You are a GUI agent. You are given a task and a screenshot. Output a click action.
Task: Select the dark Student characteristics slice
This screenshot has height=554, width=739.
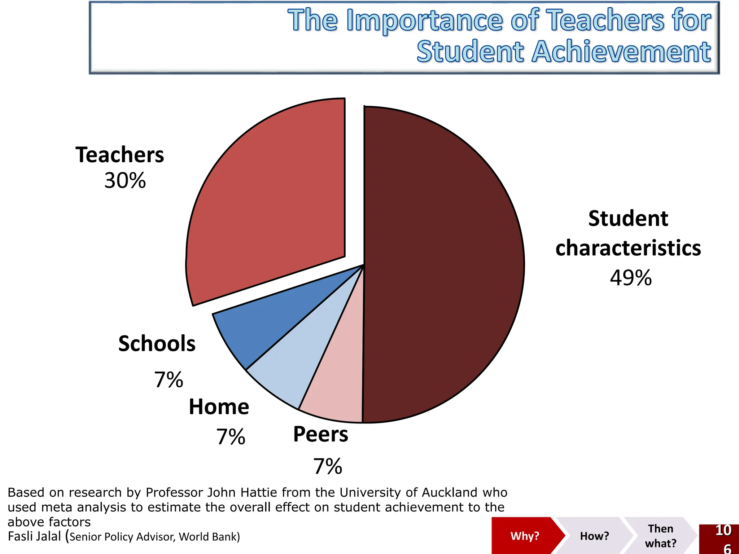pyautogui.click(x=444, y=263)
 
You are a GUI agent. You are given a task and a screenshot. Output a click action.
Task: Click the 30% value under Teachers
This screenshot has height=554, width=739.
pyautogui.click(x=125, y=180)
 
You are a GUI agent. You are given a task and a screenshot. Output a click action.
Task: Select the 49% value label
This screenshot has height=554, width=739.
pyautogui.click(x=631, y=278)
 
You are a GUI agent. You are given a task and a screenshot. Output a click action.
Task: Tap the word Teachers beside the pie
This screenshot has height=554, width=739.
pyautogui.click(x=120, y=155)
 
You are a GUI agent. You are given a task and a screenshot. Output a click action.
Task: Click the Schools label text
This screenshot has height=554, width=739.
pyautogui.click(x=157, y=343)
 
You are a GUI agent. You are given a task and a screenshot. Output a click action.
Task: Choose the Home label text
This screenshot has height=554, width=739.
pyautogui.click(x=219, y=407)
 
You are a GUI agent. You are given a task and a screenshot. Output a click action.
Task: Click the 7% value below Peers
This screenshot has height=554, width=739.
pyautogui.click(x=328, y=466)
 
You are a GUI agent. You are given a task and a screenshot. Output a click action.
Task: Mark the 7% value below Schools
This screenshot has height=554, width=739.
pyautogui.click(x=169, y=380)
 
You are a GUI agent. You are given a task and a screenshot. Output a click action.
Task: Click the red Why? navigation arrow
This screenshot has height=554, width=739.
pyautogui.click(x=525, y=536)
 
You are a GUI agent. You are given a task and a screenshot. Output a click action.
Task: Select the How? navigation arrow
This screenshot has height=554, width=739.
pyautogui.click(x=594, y=536)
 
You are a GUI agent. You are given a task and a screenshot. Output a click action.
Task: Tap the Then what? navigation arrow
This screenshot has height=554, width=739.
pyautogui.click(x=660, y=536)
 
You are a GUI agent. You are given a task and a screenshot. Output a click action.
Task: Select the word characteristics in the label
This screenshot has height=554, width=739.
pyautogui.click(x=628, y=248)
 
